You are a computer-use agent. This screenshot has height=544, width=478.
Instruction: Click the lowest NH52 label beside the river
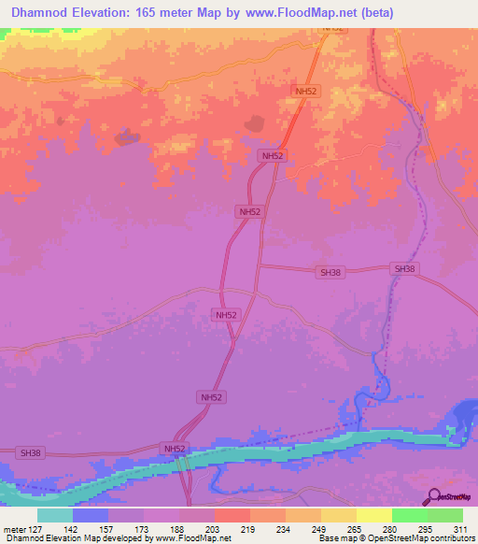click(x=176, y=450)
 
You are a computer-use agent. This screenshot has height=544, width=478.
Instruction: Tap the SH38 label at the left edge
click(x=31, y=452)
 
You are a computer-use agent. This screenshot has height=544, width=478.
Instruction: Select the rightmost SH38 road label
click(x=404, y=268)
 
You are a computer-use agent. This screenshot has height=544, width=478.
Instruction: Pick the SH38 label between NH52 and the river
click(x=330, y=272)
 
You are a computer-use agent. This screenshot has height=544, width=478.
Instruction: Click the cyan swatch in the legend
click(x=54, y=515)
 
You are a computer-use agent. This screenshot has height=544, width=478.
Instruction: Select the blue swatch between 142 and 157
click(x=90, y=515)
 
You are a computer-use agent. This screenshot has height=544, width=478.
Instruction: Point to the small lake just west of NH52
click(x=253, y=123)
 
